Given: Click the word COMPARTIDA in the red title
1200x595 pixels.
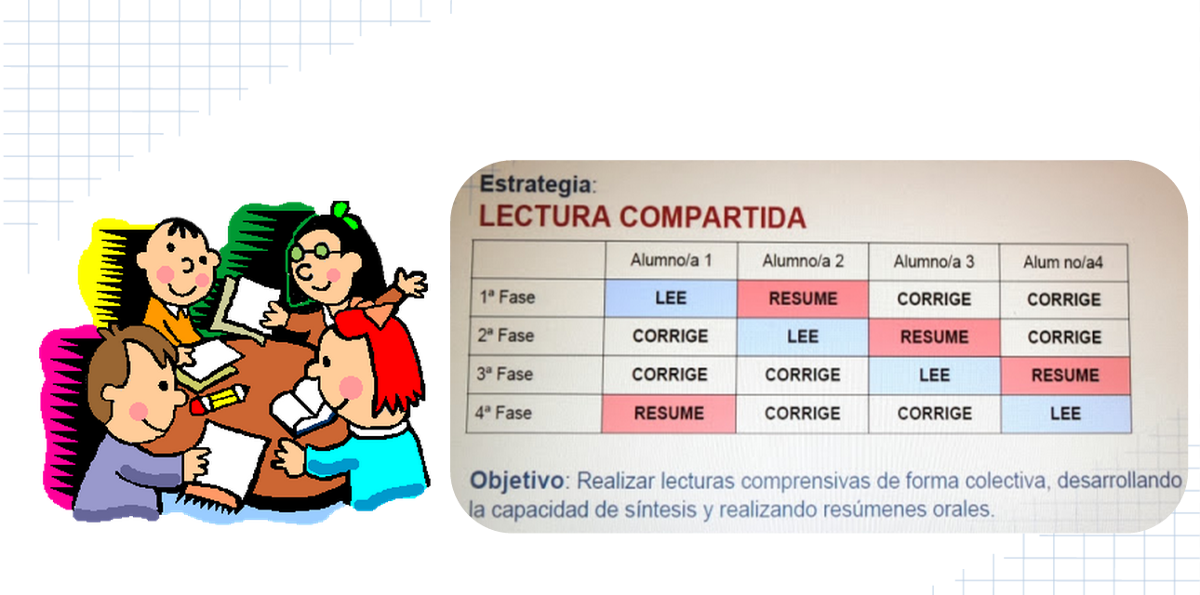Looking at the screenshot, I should tap(713, 217).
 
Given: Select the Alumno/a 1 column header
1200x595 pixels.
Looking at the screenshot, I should tap(670, 261).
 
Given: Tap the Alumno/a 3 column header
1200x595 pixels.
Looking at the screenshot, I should tap(933, 261).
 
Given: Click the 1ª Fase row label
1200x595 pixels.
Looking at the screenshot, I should tap(506, 298).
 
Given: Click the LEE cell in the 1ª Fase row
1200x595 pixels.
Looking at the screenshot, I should tap(670, 298).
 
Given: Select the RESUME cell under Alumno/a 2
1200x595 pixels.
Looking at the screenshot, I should tap(802, 298).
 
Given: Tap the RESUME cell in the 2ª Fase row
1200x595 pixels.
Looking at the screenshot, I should tap(933, 337).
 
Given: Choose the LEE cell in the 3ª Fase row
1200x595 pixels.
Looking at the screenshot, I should tap(933, 375).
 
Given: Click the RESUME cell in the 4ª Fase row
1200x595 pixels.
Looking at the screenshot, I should tap(669, 414).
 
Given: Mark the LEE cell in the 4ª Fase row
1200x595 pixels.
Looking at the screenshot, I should tap(1065, 414).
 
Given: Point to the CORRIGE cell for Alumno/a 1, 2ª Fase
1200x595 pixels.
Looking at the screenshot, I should tap(670, 337).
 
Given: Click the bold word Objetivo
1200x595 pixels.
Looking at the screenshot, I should tap(516, 481).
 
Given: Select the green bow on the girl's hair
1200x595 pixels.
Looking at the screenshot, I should tap(343, 215).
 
